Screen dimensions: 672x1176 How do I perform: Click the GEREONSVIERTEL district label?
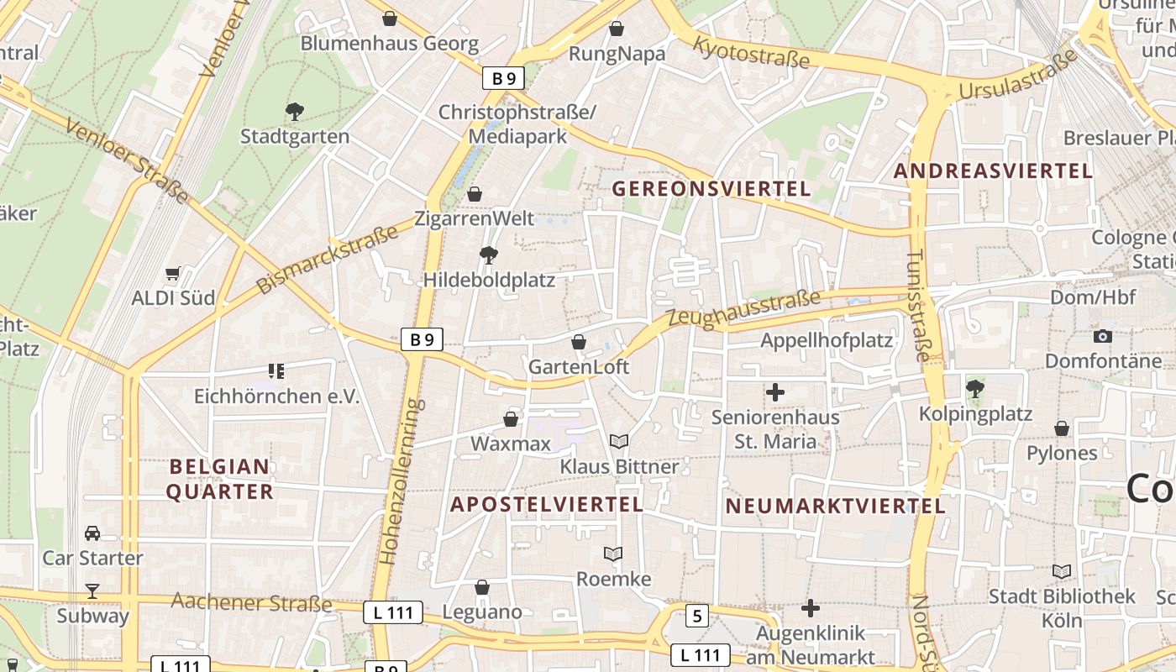[x=711, y=188]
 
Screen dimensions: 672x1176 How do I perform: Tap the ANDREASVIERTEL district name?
[x=993, y=171]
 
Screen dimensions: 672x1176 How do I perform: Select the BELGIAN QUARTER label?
[x=220, y=479]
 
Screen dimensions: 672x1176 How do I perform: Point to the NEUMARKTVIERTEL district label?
[x=835, y=507]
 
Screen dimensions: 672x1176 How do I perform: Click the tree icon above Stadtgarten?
[x=294, y=111]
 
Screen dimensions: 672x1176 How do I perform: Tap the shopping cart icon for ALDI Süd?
[x=173, y=273]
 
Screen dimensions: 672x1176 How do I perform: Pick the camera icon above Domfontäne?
[x=1103, y=336]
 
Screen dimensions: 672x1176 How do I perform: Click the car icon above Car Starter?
[x=92, y=533]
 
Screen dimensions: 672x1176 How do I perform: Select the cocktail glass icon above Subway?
[x=92, y=591]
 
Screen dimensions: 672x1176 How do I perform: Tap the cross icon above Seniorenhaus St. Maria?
[x=775, y=391]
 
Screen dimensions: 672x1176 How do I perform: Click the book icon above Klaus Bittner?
[x=619, y=441]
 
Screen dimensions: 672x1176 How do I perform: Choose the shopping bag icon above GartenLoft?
[x=579, y=342]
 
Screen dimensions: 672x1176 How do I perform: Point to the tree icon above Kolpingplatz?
[x=974, y=388]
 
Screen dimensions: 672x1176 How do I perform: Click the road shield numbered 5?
[x=696, y=617]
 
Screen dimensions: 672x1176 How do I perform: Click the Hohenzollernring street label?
[x=398, y=480]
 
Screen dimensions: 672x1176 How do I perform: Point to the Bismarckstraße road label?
[x=327, y=258]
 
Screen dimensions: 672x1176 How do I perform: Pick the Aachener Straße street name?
[x=252, y=602]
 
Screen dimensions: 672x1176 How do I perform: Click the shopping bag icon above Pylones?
[x=1062, y=428]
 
